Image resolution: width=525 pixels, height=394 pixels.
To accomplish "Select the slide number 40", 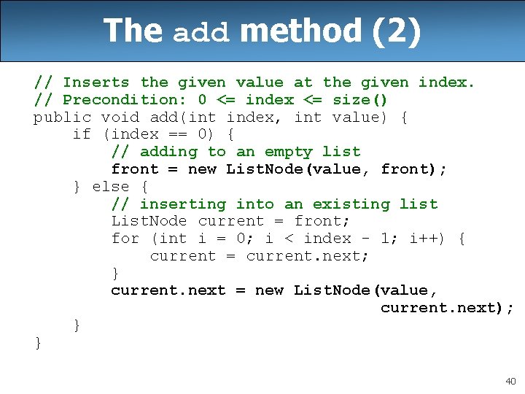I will point(510,381).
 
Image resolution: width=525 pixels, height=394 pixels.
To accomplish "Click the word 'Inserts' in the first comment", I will point(96,82).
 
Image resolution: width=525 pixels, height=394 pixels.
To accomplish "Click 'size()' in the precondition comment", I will point(360,100).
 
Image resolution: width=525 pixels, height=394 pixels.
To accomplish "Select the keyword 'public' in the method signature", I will point(62,117).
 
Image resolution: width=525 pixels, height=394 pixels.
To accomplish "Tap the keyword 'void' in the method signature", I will point(120,117).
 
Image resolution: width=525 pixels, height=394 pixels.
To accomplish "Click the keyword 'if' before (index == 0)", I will point(82,134).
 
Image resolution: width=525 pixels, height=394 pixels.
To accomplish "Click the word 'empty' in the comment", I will point(288,152).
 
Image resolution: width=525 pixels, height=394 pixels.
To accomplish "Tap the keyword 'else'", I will point(111,187).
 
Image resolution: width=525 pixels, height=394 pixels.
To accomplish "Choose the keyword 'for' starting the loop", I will point(125,239).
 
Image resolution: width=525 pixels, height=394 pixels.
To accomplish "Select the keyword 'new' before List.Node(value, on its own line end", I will point(269,290).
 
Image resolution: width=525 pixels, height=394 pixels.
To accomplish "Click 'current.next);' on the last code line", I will point(447,308).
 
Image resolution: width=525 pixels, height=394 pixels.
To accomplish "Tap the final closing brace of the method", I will point(38,342).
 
